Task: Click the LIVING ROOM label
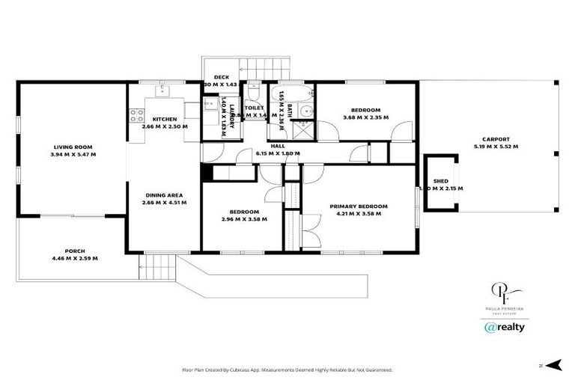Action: point(73,147)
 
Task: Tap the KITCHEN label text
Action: point(165,119)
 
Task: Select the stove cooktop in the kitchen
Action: point(137,115)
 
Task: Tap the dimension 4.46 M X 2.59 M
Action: point(73,258)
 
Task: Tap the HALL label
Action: point(278,147)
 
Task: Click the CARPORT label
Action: point(496,139)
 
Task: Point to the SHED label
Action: point(441,181)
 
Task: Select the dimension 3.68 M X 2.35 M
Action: point(367,117)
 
